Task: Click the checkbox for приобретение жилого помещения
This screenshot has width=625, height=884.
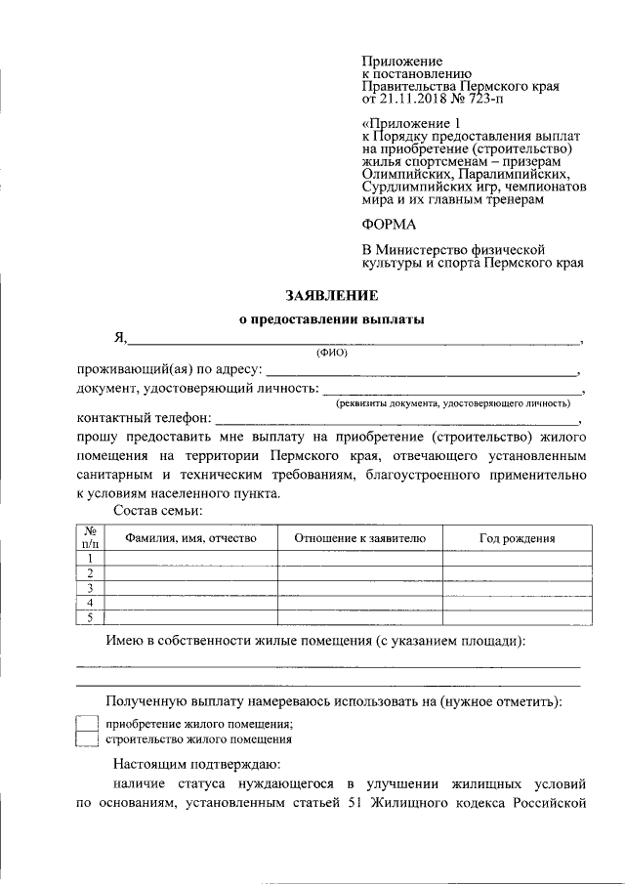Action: click(87, 723)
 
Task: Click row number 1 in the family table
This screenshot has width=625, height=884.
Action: click(90, 558)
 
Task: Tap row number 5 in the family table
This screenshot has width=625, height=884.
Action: click(90, 616)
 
